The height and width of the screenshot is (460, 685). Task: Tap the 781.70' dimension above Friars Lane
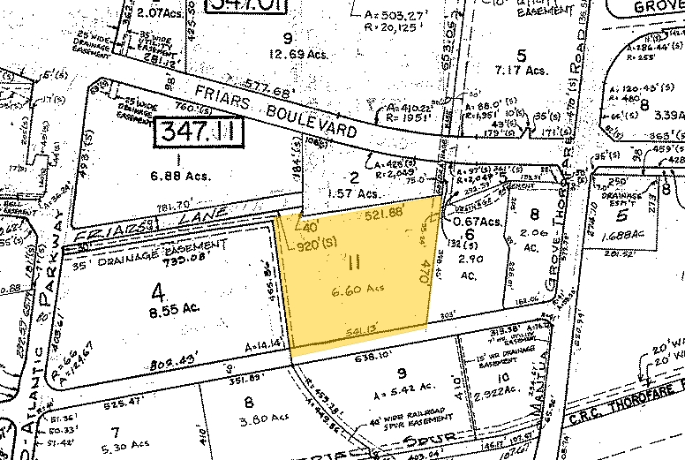175,209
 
